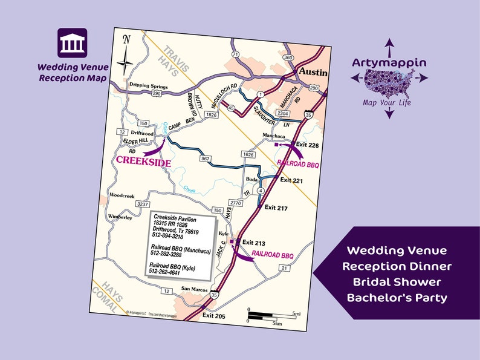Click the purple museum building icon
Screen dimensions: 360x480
tap(72, 43)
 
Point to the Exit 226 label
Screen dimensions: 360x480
tap(307, 146)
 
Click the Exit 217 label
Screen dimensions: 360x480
tap(276, 208)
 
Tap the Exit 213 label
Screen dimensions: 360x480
tap(253, 243)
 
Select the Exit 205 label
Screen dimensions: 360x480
tap(214, 316)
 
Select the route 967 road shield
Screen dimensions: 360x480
tap(204, 159)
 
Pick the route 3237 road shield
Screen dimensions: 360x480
tap(143, 205)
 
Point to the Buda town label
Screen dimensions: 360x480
tap(251, 179)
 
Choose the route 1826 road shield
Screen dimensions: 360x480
tap(211, 114)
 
